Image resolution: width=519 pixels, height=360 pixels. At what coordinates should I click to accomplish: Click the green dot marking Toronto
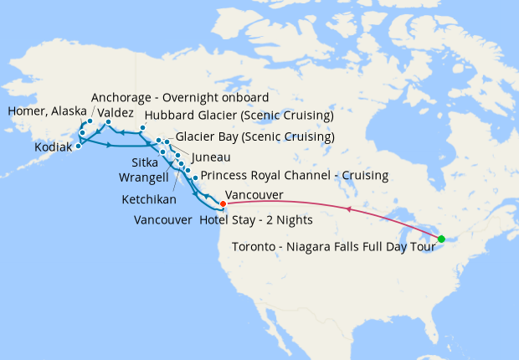(x=441, y=239)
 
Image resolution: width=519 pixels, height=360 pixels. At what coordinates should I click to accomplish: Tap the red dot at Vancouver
(x=223, y=203)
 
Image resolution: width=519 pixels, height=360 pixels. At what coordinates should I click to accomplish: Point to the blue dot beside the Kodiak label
(x=77, y=146)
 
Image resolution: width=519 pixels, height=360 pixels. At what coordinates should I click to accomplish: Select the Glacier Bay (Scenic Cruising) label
(x=255, y=136)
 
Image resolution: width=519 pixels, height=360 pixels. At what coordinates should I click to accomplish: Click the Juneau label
(x=211, y=157)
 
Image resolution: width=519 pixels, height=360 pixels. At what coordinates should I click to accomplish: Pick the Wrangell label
(x=143, y=177)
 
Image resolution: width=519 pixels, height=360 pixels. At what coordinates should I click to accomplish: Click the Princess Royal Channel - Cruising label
(x=295, y=176)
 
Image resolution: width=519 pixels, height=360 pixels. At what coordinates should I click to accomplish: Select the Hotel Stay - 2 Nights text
(x=256, y=220)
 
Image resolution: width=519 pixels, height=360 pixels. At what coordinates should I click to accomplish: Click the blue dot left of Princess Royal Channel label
(x=195, y=177)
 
